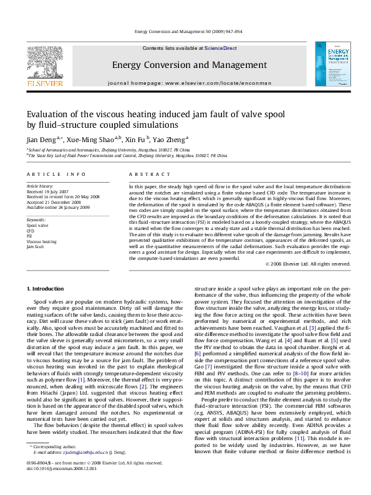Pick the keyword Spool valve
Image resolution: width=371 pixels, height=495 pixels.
pyautogui.click(x=38, y=226)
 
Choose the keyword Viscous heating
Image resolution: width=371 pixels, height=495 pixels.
pyautogui.click(x=41, y=241)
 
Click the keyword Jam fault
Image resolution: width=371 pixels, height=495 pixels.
pyautogui.click(x=36, y=246)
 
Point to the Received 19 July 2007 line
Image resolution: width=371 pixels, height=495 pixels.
pyautogui.click(x=48, y=191)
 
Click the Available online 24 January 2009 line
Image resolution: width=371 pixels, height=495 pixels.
pyautogui.click(x=58, y=206)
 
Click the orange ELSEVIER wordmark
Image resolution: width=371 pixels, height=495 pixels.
pyautogui.click(x=43, y=82)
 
